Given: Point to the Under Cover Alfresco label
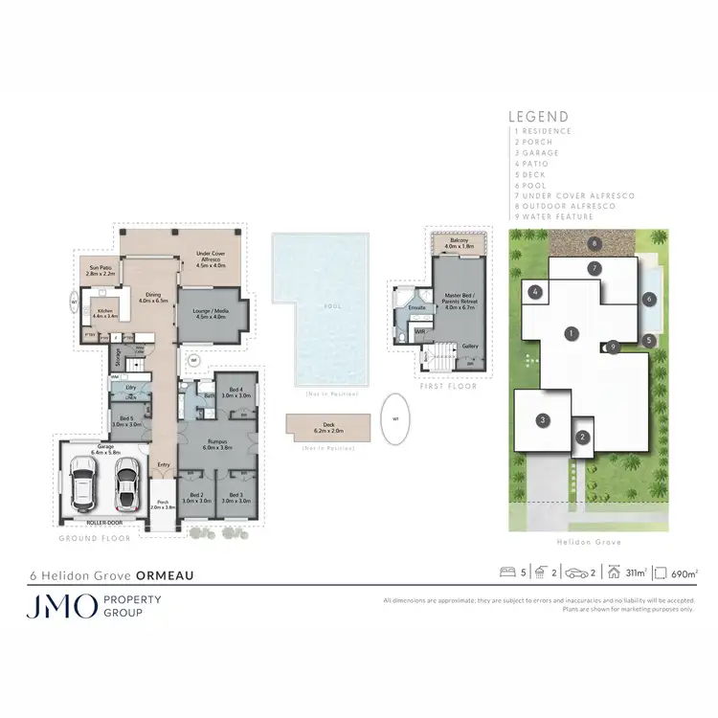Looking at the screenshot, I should [x=211, y=257].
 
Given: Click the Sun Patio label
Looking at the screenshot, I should [x=101, y=271].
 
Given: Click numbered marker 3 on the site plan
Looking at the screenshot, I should [x=543, y=419].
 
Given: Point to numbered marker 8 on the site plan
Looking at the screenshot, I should [x=595, y=243].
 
